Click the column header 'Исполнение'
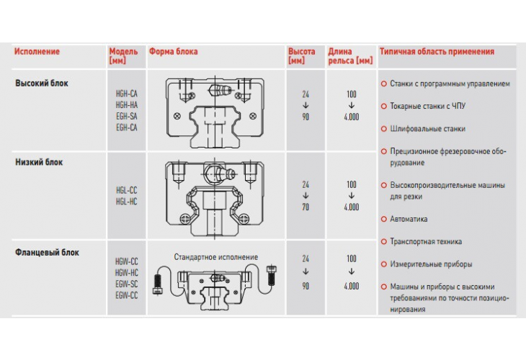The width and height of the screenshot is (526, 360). [37, 52]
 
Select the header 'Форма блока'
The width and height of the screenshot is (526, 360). [174, 52]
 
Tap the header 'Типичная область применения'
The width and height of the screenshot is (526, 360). [437, 52]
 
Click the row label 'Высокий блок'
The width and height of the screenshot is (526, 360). [42, 84]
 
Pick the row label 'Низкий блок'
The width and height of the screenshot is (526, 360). [40, 162]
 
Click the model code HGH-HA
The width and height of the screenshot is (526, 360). [126, 104]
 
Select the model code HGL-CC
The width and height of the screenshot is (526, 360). [126, 191]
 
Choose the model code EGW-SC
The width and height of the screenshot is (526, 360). [126, 284]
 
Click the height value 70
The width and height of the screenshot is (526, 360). [306, 207]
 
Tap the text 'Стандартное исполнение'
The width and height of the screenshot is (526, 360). [215, 257]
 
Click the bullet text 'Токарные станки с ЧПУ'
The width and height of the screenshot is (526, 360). [428, 106]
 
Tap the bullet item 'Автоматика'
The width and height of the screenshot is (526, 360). [409, 219]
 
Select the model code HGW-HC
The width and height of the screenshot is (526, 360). [126, 274]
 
